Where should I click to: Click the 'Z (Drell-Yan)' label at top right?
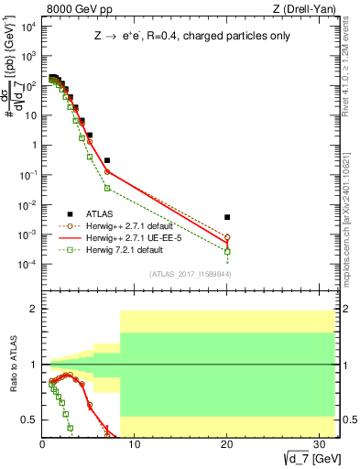[289, 9]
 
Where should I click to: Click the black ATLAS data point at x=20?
[227, 217]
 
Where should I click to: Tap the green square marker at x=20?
[227, 251]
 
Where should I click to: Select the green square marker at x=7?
[107, 188]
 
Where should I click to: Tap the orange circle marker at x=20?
[227, 237]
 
